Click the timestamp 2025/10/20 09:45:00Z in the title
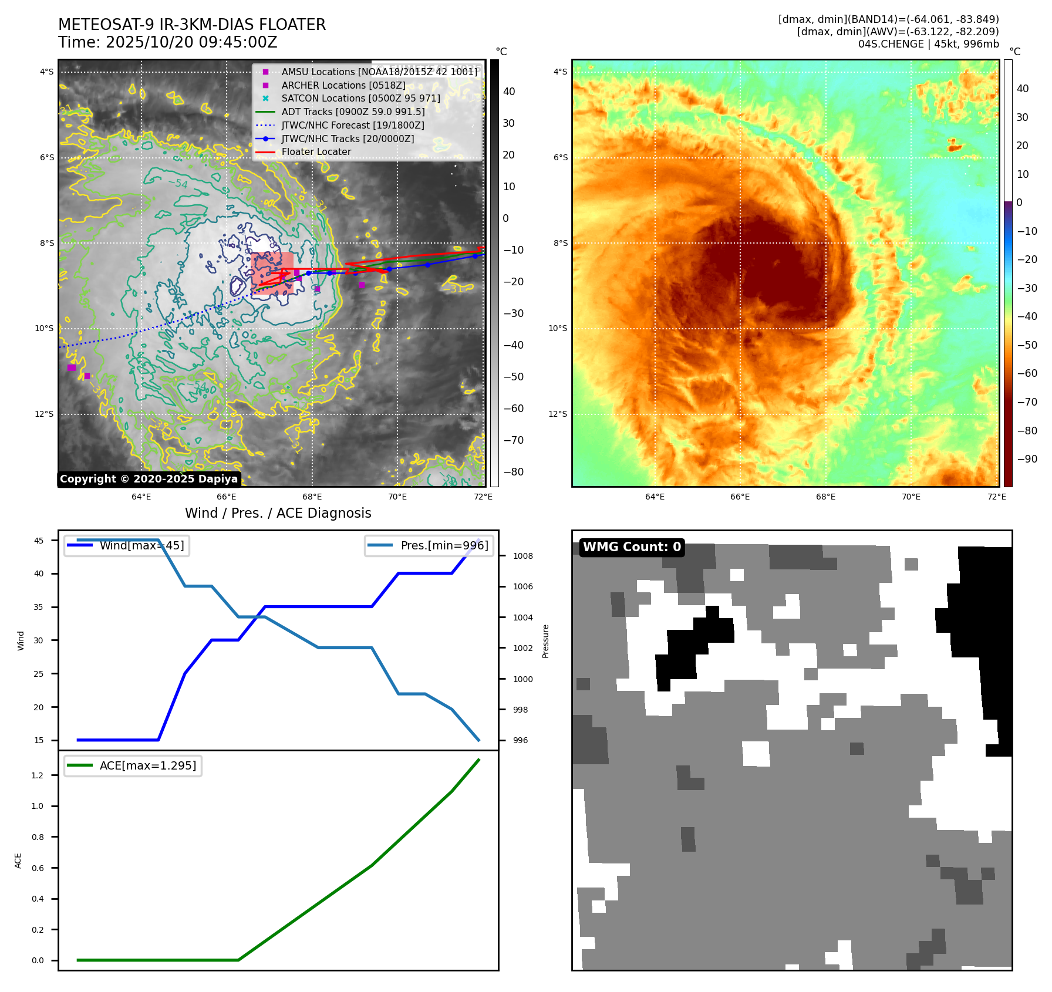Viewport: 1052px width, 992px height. tap(191, 43)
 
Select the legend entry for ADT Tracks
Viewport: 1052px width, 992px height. tap(353, 112)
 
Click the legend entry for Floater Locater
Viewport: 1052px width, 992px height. tap(316, 151)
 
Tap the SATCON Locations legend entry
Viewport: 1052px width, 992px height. tap(360, 98)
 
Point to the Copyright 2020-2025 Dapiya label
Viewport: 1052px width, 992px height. tap(149, 479)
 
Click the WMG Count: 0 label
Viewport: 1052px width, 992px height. tap(632, 547)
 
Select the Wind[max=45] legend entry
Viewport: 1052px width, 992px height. tap(141, 545)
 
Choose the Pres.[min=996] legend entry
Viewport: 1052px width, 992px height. tap(444, 545)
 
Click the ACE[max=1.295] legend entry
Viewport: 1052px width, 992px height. tap(147, 765)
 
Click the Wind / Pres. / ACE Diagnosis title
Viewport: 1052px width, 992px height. tap(278, 513)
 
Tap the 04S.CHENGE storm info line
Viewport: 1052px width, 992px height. tap(928, 44)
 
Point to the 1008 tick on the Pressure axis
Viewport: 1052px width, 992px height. tap(522, 556)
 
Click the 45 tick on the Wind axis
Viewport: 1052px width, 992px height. tap(39, 541)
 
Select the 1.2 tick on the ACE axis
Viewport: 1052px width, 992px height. tap(38, 775)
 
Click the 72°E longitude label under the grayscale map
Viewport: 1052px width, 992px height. tap(483, 497)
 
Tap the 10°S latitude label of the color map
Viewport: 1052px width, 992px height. tap(558, 328)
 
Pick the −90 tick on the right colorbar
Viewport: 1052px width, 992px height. tap(1027, 459)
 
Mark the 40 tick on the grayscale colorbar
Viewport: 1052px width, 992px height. tap(508, 92)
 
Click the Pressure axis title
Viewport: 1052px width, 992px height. tap(545, 641)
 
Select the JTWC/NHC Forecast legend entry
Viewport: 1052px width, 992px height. tap(352, 125)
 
